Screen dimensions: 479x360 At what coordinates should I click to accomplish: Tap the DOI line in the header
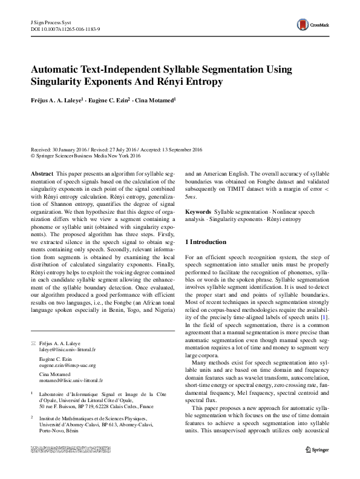(65, 28)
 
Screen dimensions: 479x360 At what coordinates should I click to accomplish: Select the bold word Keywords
(198, 213)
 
